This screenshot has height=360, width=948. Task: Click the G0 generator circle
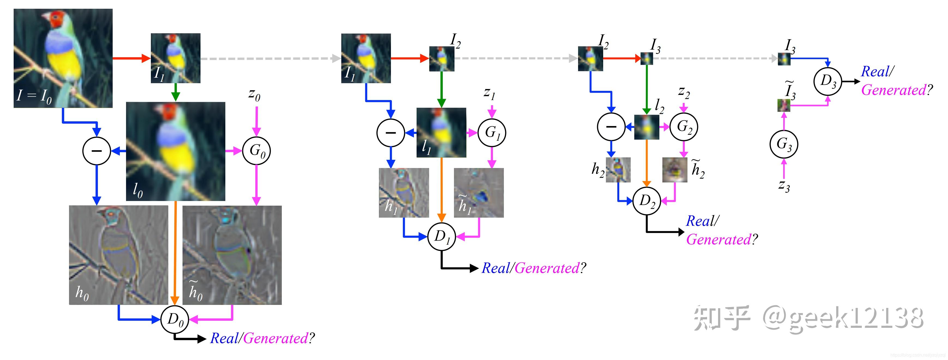tap(256, 150)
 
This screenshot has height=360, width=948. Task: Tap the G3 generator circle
tap(784, 144)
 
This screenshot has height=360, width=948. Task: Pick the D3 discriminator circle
tap(828, 81)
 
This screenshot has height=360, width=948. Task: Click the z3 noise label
tap(784, 186)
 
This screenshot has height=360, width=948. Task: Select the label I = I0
tap(34, 96)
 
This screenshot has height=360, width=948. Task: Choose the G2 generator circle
tap(684, 127)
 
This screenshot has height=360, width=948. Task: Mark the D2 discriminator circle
tap(647, 201)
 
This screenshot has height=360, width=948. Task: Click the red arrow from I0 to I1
tap(131, 58)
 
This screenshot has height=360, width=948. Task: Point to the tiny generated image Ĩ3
tap(783, 106)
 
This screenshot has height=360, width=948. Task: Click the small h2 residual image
tap(618, 170)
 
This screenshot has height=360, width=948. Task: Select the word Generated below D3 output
tap(893, 90)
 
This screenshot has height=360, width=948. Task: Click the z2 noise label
tap(683, 92)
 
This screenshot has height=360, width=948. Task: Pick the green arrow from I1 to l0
tap(175, 92)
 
